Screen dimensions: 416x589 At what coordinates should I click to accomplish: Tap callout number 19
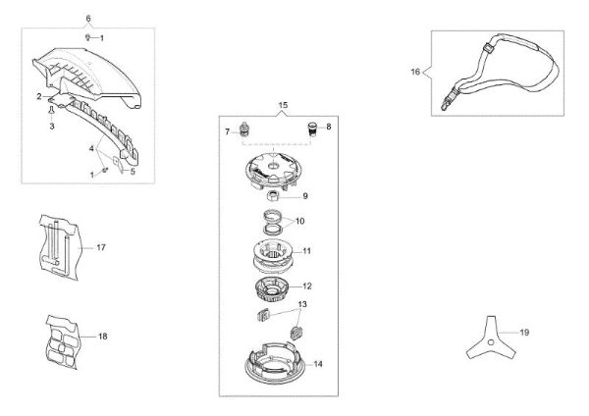click(x=524, y=333)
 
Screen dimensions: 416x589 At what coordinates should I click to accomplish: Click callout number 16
click(x=415, y=71)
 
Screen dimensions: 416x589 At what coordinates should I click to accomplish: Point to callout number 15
click(x=284, y=104)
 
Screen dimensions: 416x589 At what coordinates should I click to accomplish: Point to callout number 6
click(x=87, y=19)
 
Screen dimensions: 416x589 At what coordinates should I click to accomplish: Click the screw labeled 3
click(x=49, y=114)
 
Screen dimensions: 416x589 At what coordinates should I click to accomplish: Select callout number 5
click(x=135, y=171)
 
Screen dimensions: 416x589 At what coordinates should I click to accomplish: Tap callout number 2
click(x=39, y=96)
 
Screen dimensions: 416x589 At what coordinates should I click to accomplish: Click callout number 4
click(x=93, y=149)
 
